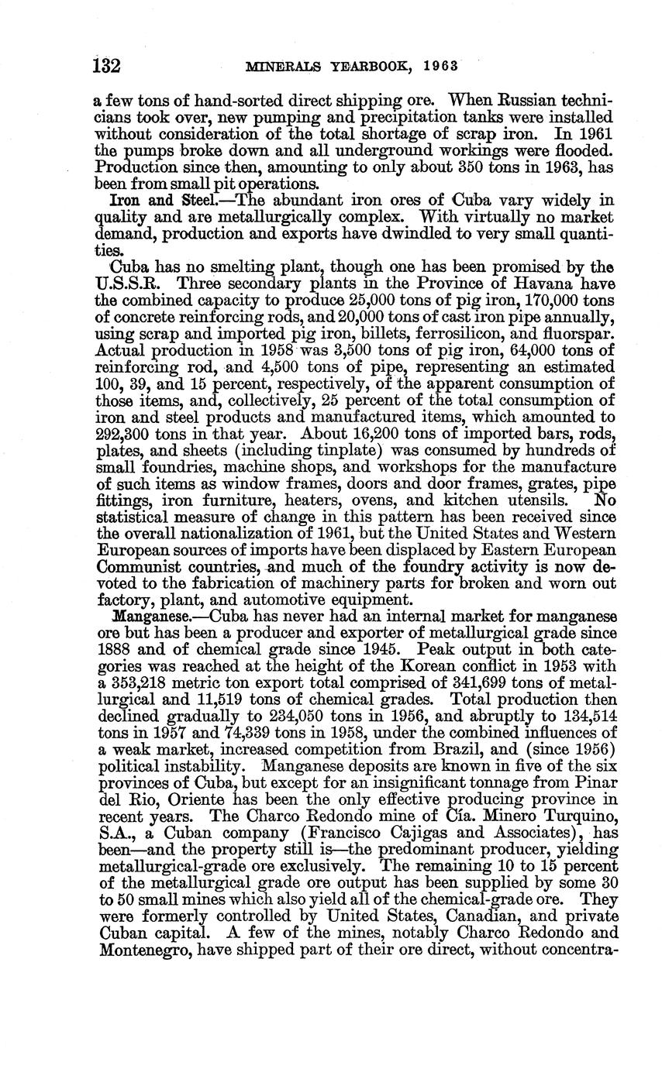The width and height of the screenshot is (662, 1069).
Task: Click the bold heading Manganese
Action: pyautogui.click(x=150, y=617)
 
